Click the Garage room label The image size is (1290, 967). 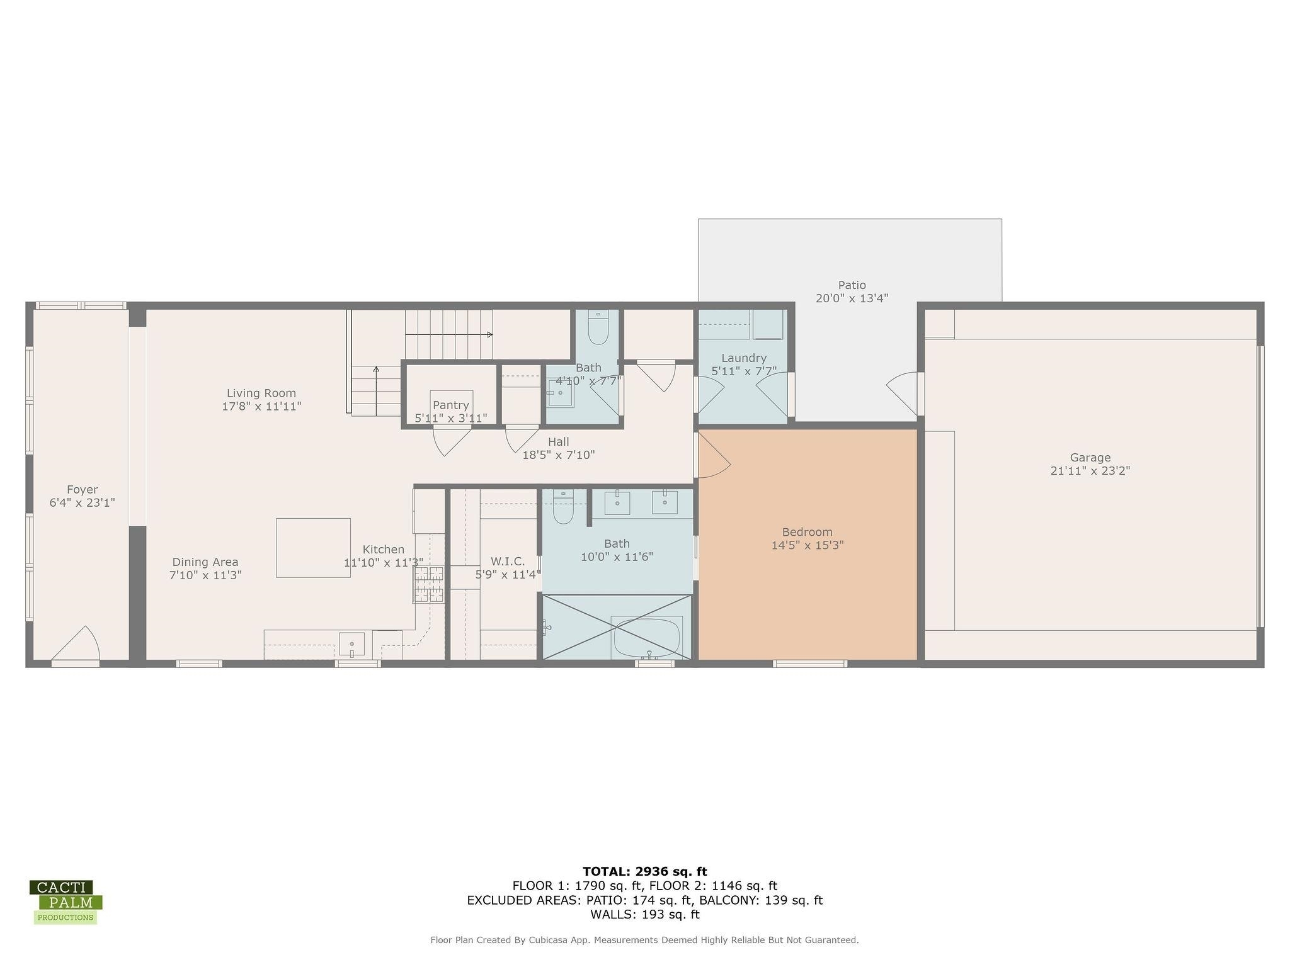(x=1090, y=458)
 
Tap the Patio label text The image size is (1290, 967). (x=852, y=285)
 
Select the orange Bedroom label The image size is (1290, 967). (x=807, y=532)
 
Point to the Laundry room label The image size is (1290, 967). (x=744, y=358)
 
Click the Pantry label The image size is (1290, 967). (x=450, y=405)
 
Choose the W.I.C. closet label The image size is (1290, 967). (x=508, y=562)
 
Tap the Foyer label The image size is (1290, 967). (x=82, y=490)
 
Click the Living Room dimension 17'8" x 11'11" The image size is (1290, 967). (x=261, y=407)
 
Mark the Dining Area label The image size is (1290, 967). (x=205, y=562)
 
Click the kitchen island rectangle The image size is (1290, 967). (x=313, y=548)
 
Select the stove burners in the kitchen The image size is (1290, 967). (x=428, y=584)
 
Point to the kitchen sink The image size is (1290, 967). (x=351, y=644)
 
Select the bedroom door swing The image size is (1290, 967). (x=713, y=455)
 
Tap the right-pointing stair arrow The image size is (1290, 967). (x=449, y=334)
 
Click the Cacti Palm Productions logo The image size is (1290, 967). (x=66, y=902)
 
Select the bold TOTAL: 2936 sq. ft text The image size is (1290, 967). (x=645, y=871)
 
